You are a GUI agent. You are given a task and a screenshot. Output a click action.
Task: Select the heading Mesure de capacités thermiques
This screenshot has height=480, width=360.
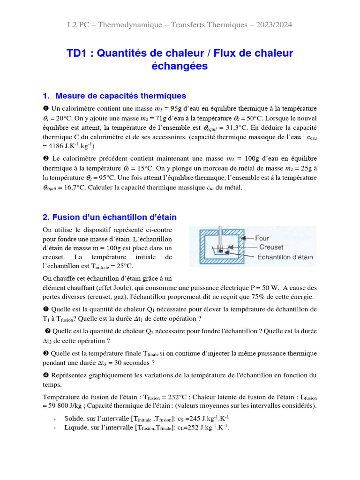120,96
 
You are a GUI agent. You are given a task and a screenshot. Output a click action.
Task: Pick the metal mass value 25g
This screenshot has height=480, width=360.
305,168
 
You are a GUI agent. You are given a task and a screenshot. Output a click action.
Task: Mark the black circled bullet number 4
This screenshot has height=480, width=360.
45,375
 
